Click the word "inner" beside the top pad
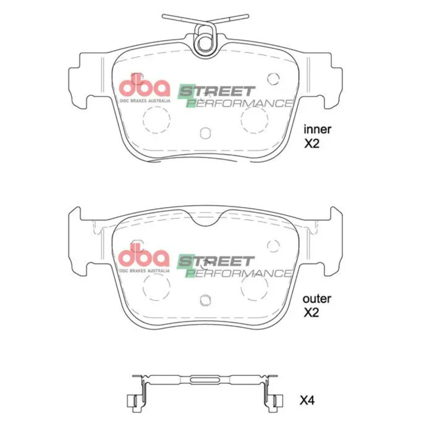[x=317, y=129]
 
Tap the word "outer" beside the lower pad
[x=317, y=299]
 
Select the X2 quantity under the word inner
[x=312, y=143]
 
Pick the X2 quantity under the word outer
[x=311, y=313]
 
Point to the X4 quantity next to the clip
[x=307, y=401]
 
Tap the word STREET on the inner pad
[x=216, y=91]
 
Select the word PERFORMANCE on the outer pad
[x=239, y=273]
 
